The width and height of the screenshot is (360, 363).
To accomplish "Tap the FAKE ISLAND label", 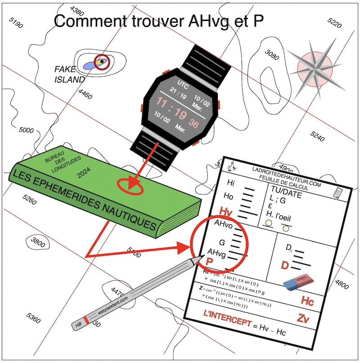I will click(x=69, y=75).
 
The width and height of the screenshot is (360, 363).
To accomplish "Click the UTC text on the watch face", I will click(x=182, y=85).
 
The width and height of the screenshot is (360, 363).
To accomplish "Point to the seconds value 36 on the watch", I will click(x=193, y=123).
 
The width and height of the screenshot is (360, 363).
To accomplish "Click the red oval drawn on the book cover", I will click(x=130, y=186).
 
